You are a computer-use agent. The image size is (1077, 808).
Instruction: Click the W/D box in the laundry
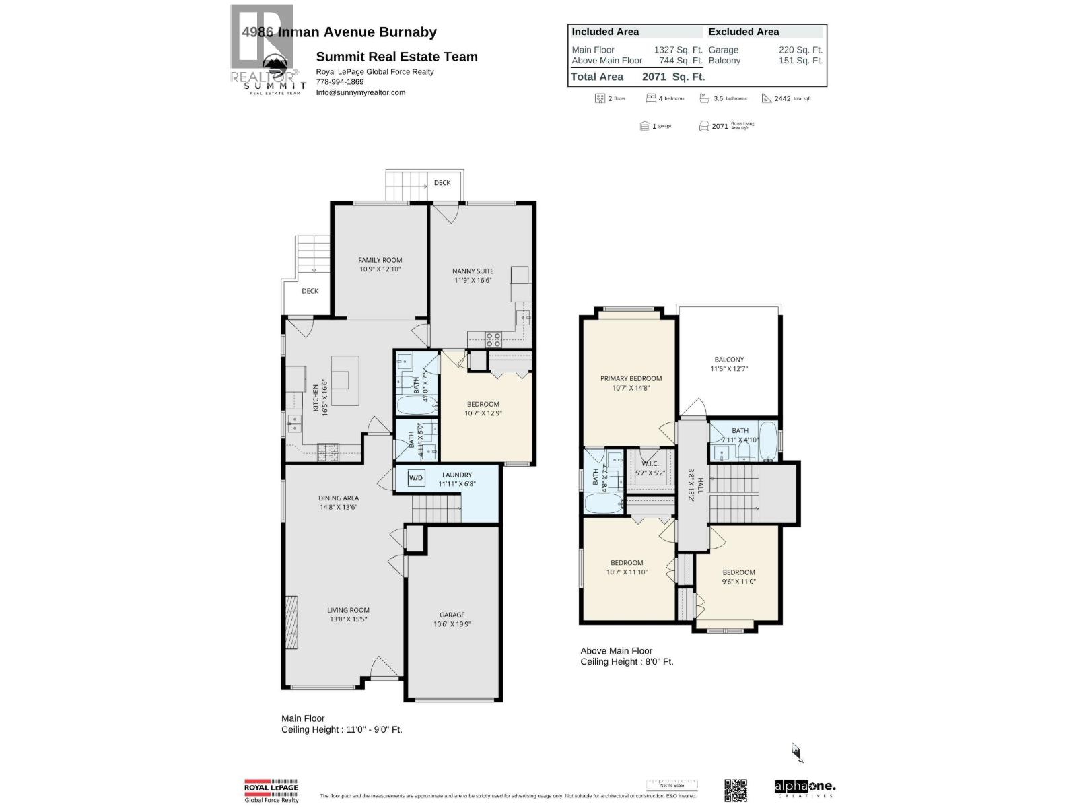[x=416, y=478]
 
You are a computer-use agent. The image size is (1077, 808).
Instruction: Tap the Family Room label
[x=380, y=260]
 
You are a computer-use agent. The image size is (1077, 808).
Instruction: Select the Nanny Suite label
[x=473, y=271]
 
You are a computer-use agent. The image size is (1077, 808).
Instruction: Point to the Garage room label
[x=452, y=615]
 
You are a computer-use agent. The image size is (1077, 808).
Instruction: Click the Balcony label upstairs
[x=729, y=360]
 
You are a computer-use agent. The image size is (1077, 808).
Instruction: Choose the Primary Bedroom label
[x=631, y=378]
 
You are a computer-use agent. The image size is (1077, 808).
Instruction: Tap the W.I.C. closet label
[x=650, y=464]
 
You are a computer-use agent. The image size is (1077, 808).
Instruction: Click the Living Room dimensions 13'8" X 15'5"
[x=348, y=619]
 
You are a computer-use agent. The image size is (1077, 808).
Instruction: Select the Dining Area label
[x=339, y=498]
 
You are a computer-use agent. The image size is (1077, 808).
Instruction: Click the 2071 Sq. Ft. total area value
[x=673, y=77]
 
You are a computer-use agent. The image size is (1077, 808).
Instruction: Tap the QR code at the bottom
[x=736, y=790]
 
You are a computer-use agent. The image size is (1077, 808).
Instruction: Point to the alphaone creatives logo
[x=805, y=788]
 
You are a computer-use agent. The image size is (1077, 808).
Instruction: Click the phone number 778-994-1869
[x=339, y=82]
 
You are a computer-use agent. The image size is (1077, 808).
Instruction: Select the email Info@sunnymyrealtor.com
[x=361, y=92]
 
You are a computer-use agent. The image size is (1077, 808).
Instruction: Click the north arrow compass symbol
[x=797, y=752]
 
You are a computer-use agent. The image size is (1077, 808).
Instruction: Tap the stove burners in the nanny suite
[x=493, y=339]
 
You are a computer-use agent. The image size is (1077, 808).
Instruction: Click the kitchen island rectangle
[x=345, y=380]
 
